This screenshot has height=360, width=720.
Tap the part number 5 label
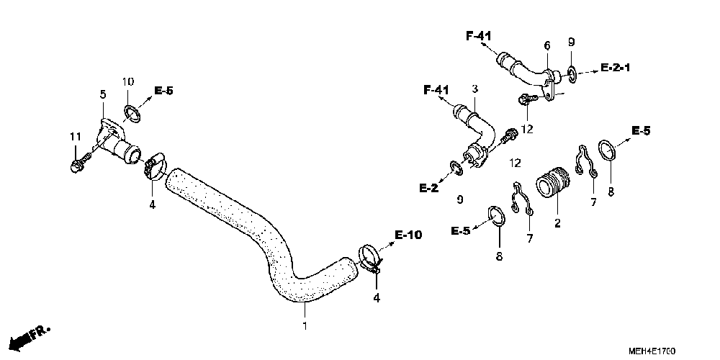tap(102, 95)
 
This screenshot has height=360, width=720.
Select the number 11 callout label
tap(75, 138)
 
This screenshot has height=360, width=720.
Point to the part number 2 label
tap(557, 223)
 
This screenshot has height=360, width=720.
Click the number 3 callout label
tap(475, 89)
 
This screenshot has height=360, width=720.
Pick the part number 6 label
tap(547, 46)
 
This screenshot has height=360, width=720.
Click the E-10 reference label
tap(408, 235)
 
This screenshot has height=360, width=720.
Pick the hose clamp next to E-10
tap(369, 258)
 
